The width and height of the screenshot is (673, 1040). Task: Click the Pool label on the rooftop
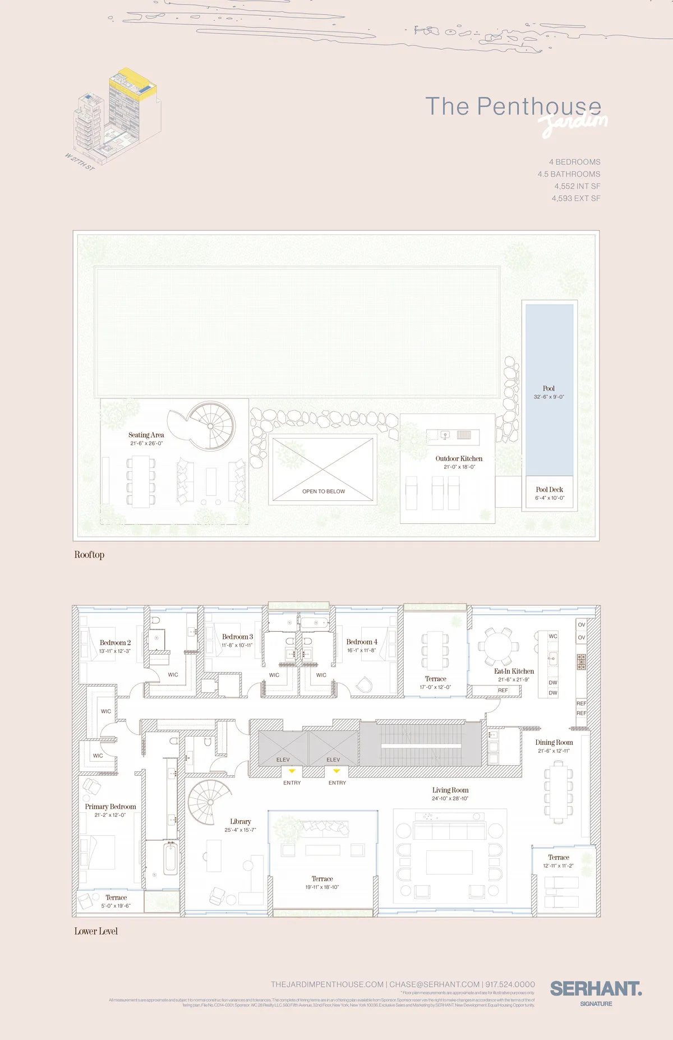(x=548, y=388)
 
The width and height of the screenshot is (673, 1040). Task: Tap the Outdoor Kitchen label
(x=459, y=458)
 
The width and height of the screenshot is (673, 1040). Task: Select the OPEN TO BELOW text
(x=324, y=491)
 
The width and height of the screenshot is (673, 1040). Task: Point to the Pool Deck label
(x=549, y=490)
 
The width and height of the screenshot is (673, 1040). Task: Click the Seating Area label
(x=146, y=435)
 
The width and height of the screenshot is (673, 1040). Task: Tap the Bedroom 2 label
(x=115, y=643)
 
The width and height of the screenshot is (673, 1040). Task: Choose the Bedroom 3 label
(x=237, y=637)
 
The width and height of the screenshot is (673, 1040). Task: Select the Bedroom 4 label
(x=362, y=642)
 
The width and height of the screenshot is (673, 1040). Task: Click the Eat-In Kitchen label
(x=514, y=671)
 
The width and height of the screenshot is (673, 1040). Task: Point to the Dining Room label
(x=554, y=742)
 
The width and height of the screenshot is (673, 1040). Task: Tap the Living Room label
(x=450, y=790)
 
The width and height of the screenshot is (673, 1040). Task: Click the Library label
(x=240, y=821)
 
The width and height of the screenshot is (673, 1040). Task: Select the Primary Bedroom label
(x=110, y=807)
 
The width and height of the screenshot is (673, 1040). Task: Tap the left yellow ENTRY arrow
(x=292, y=771)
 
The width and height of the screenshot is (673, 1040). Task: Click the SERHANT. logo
(x=596, y=988)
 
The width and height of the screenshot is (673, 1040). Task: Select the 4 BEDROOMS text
(x=574, y=162)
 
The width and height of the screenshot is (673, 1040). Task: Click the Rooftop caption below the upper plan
(x=89, y=555)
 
